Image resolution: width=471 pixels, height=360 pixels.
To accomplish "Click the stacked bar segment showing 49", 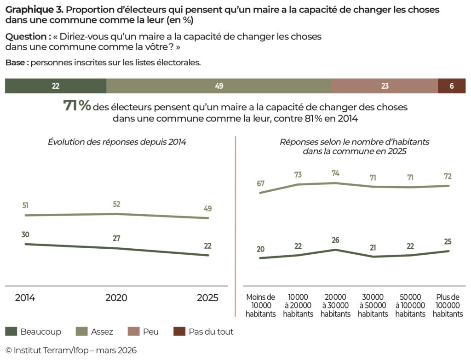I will click(219, 86).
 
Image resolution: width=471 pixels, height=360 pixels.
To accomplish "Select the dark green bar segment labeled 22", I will click(56, 86).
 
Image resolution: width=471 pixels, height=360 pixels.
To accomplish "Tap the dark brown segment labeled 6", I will click(451, 86).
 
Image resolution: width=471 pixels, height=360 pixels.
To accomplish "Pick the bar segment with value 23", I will click(385, 86).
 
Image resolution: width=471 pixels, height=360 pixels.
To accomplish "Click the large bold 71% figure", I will click(77, 106).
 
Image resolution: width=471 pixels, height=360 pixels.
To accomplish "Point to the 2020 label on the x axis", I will click(116, 298).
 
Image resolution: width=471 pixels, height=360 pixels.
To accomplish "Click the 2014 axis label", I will click(25, 298).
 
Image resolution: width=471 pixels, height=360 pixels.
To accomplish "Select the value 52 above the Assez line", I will click(117, 204).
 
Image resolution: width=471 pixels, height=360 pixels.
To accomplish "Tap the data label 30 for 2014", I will click(25, 234).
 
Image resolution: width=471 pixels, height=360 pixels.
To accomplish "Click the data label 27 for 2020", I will click(117, 239).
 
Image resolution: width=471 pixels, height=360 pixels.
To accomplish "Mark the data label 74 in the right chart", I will click(335, 173).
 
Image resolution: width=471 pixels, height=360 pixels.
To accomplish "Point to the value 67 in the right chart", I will click(261, 183).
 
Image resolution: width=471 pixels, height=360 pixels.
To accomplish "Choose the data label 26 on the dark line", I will click(335, 240).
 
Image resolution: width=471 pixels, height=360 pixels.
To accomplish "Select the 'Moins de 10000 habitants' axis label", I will click(261, 305).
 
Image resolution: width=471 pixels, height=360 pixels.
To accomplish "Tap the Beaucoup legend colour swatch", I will click(11, 331).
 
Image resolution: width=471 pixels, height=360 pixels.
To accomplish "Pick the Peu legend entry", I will click(145, 331).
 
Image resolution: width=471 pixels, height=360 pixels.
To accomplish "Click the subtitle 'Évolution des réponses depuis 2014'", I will click(117, 142).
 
